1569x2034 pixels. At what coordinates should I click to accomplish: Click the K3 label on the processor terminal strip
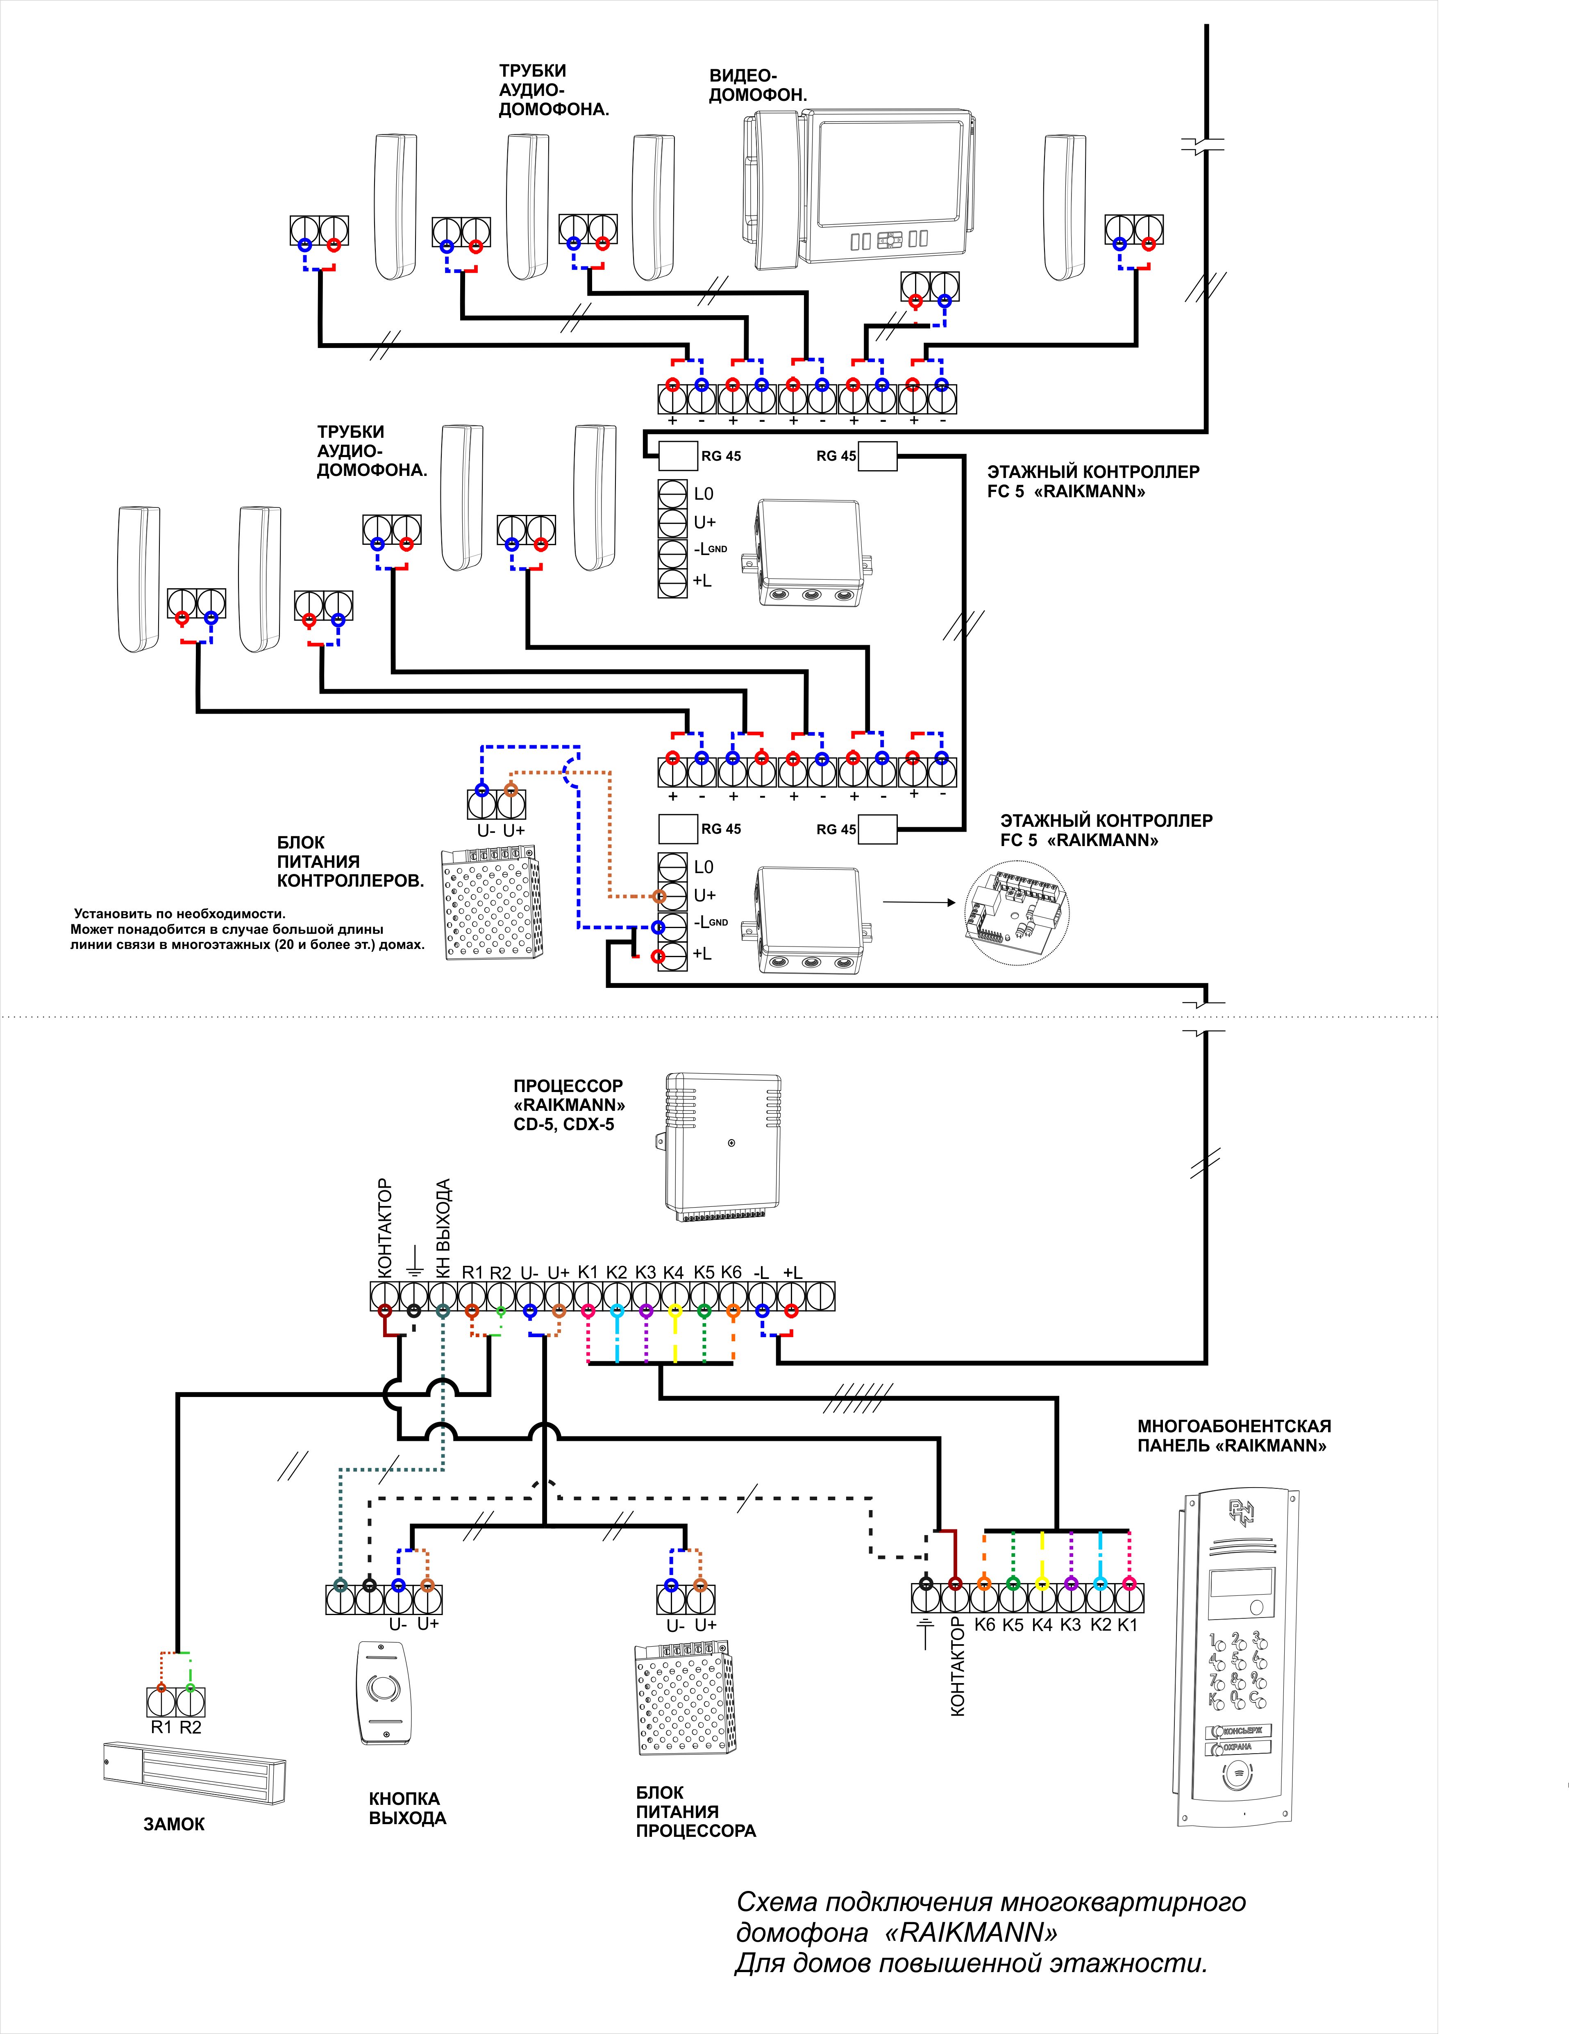tap(645, 1272)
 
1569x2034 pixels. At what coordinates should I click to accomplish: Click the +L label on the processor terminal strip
tap(792, 1272)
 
